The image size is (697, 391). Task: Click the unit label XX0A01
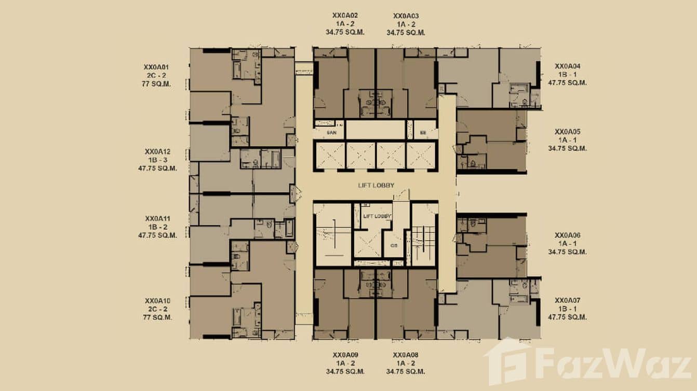[157, 67]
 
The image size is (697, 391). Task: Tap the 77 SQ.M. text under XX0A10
[158, 317]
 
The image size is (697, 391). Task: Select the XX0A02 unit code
[345, 16]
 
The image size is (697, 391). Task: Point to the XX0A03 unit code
[406, 16]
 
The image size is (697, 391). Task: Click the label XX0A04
[567, 66]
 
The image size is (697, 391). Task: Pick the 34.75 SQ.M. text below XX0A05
[567, 148]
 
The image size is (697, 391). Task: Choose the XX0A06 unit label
[567, 235]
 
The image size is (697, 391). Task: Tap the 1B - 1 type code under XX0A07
[567, 309]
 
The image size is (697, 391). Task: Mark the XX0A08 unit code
[406, 355]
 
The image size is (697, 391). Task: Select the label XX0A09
[345, 355]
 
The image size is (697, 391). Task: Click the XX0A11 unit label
[158, 219]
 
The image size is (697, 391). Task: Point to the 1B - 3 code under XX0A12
[158, 160]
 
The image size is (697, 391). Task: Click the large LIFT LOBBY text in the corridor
[376, 185]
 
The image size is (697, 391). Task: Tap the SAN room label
[332, 133]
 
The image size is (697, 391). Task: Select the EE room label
[423, 133]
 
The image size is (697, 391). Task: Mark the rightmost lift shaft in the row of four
[422, 155]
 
